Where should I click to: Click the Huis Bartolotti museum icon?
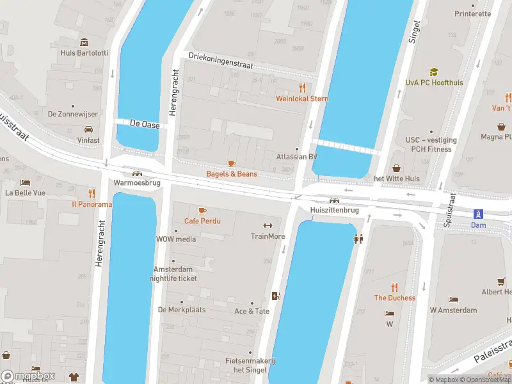[x=84, y=42]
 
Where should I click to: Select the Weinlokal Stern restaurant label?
[x=301, y=99]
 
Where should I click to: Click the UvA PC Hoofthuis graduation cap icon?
[x=434, y=72]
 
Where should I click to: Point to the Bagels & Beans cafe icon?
[x=231, y=164]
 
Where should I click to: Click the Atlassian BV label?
[x=296, y=157]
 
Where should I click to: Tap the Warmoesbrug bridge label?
[x=136, y=182]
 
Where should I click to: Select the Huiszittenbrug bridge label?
[x=333, y=209]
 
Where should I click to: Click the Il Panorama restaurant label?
[x=92, y=204]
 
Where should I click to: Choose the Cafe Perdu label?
[x=202, y=221]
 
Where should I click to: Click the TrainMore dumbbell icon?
[x=268, y=225]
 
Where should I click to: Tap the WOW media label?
[x=177, y=239]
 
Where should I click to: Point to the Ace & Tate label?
[x=252, y=311]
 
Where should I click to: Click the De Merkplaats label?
[x=181, y=310]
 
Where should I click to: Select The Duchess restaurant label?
[x=394, y=298]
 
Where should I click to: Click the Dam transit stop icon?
[x=477, y=214]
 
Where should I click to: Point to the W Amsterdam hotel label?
[x=453, y=310]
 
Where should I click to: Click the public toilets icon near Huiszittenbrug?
[x=358, y=239]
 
